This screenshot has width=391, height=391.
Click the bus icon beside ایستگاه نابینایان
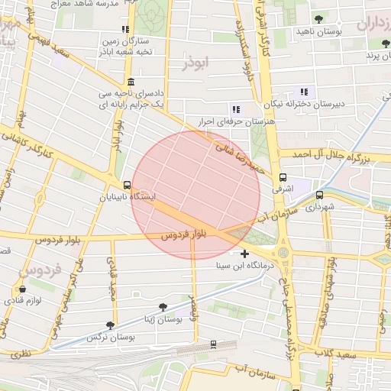click(x=127, y=185)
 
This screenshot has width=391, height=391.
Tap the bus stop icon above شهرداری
click(x=319, y=195)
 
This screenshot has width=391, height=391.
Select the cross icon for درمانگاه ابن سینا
click(x=244, y=254)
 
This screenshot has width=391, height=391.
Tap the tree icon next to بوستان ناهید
click(x=318, y=19)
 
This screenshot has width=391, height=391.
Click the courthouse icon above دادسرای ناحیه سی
click(x=131, y=82)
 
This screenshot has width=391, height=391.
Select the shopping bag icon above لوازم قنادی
click(x=22, y=289)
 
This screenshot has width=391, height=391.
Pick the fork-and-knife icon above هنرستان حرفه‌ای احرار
click(x=235, y=109)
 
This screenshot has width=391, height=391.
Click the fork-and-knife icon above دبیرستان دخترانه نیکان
click(x=305, y=92)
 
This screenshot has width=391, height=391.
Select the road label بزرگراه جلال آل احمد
click(x=336, y=155)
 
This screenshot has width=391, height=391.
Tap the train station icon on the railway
click(x=213, y=344)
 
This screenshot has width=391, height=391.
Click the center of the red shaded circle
click(x=196, y=195)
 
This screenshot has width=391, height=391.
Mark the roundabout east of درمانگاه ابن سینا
click(x=283, y=252)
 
